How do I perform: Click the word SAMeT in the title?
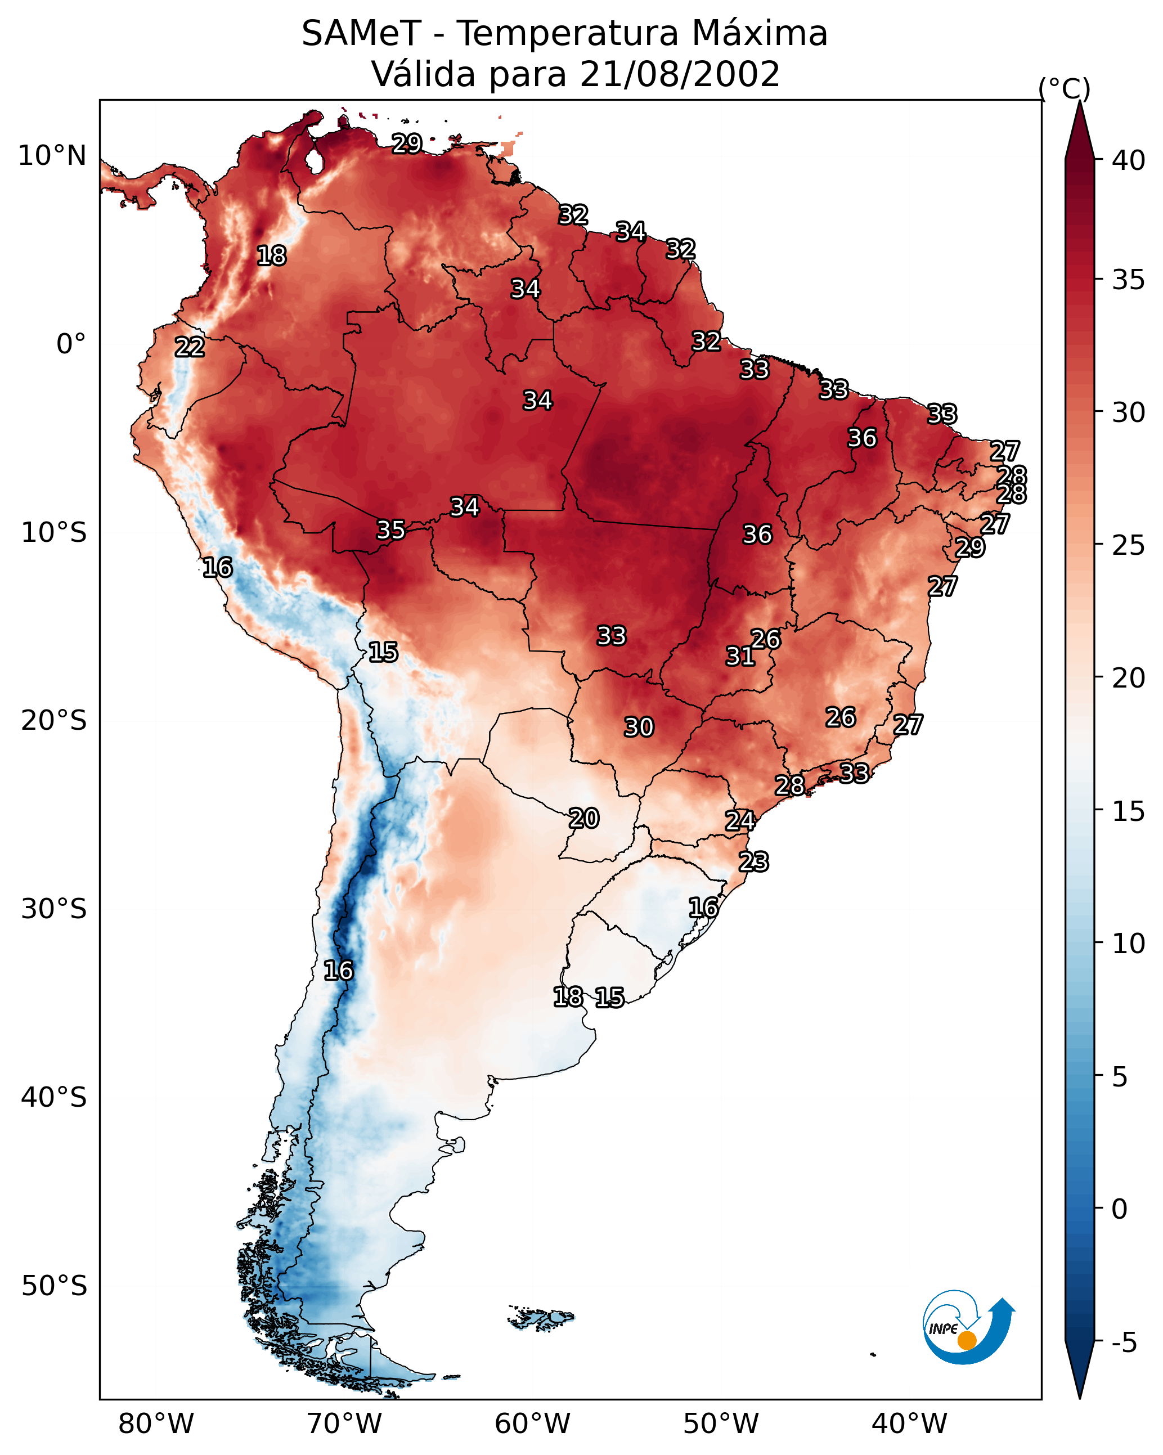[x=361, y=34]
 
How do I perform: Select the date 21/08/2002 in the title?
[x=679, y=74]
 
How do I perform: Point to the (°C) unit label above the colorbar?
[x=1064, y=88]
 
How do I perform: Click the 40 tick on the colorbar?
[x=1129, y=160]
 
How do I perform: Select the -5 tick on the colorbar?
[x=1124, y=1342]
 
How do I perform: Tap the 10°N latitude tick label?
[x=52, y=156]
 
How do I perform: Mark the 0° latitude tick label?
[x=71, y=344]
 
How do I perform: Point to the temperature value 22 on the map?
[x=190, y=348]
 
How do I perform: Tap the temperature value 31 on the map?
[x=740, y=656]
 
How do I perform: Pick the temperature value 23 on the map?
[x=753, y=862]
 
